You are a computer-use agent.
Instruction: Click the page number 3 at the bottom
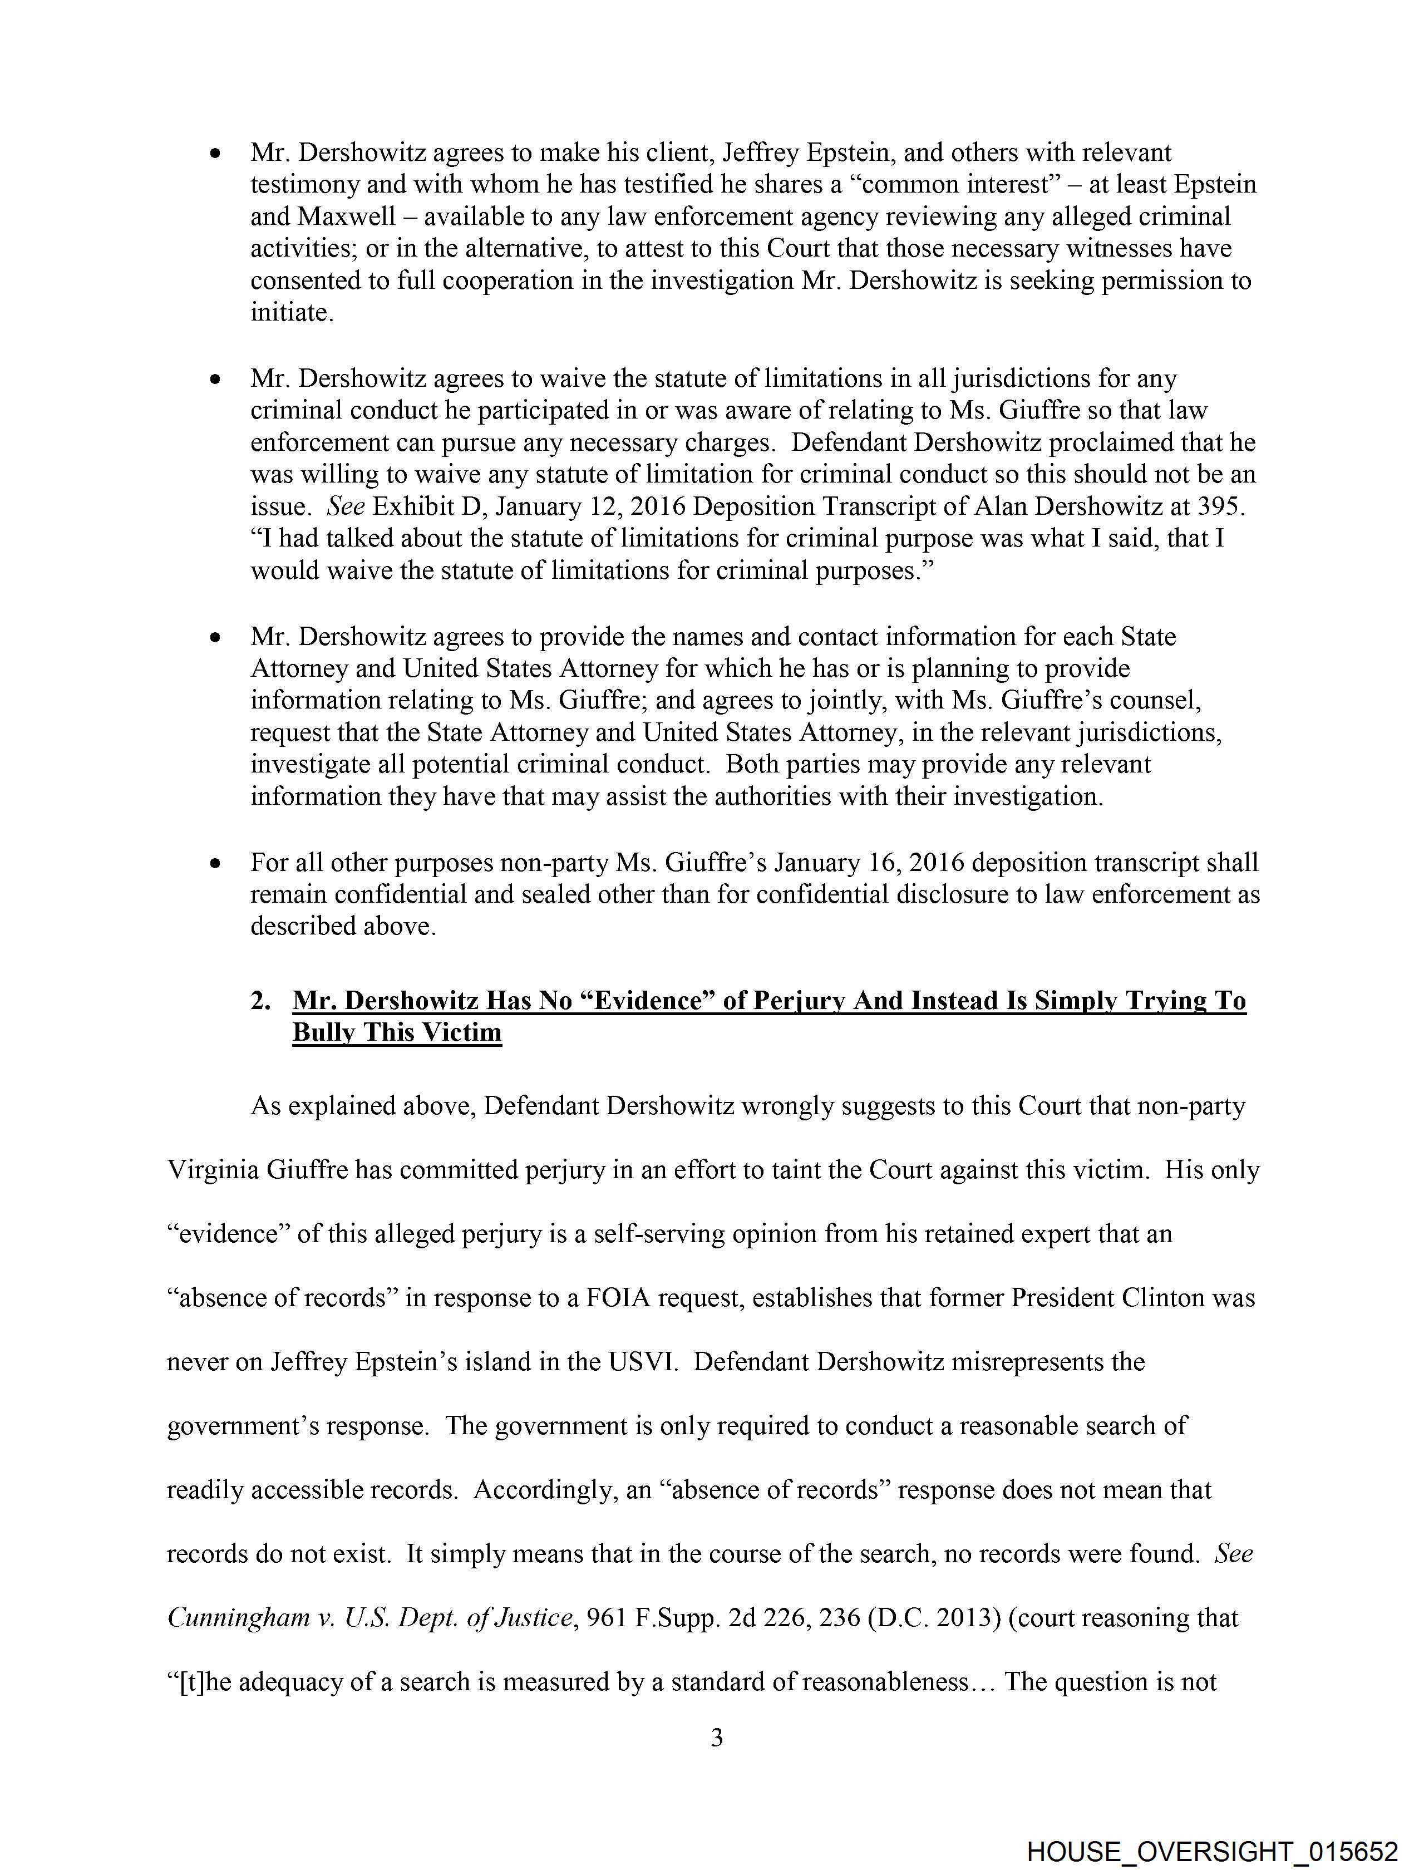(716, 1739)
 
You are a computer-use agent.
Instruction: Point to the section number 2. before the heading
(260, 1001)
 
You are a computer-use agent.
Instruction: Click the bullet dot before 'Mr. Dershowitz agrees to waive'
(217, 380)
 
